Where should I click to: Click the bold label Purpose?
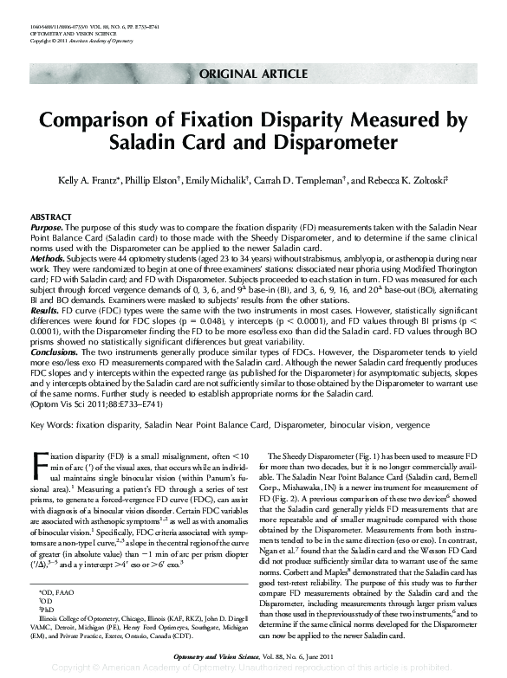tap(46, 224)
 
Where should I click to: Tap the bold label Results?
tap(45, 308)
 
